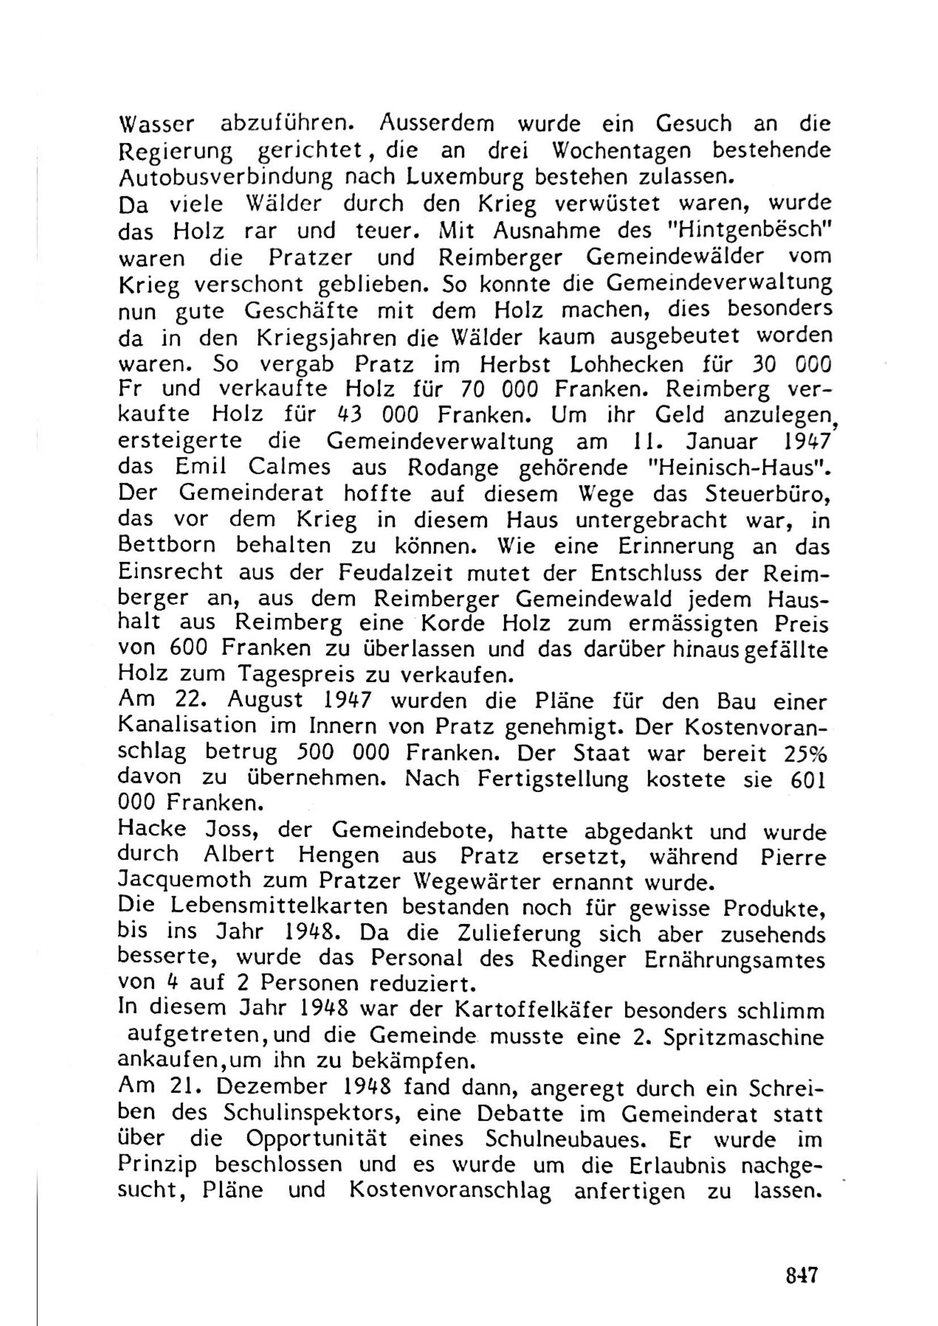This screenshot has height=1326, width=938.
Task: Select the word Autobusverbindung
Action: click(225, 177)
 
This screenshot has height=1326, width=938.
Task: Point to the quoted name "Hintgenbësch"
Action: click(749, 230)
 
